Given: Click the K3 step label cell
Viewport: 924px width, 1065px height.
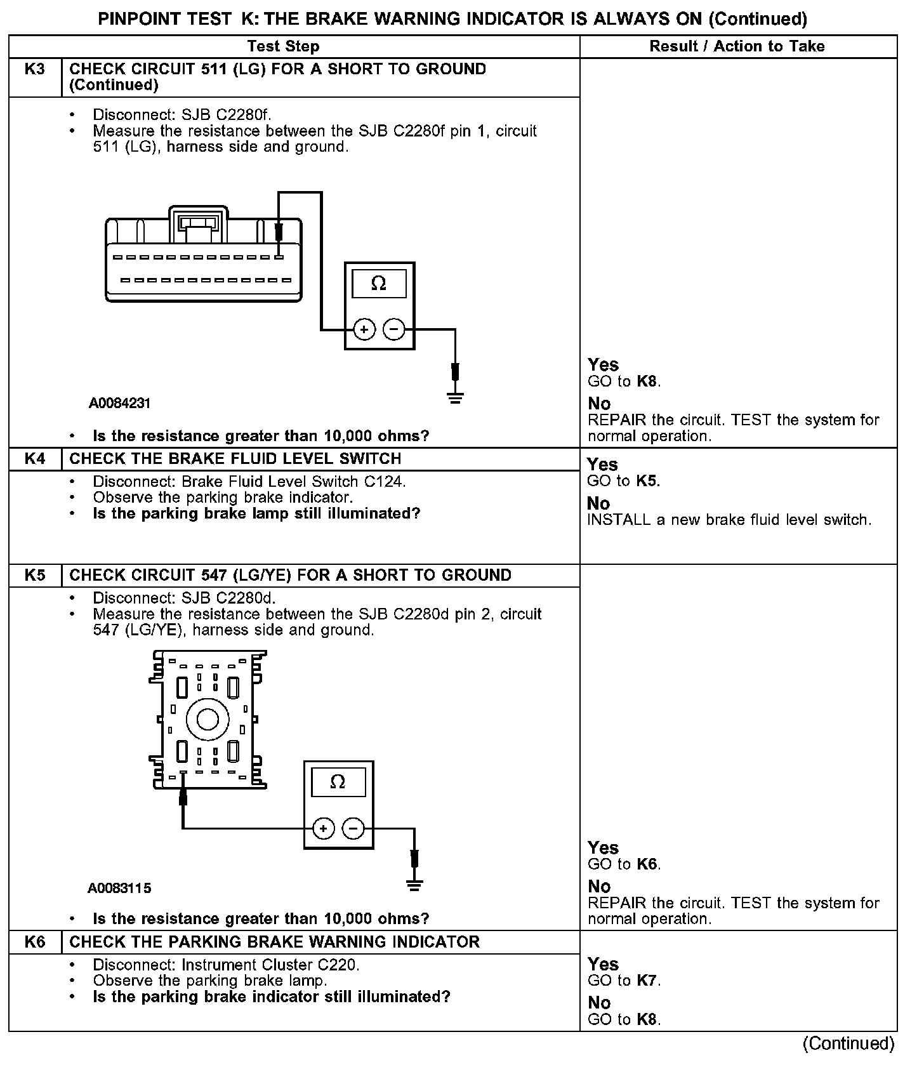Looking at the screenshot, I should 35,69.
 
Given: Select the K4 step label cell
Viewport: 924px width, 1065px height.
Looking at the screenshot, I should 35,459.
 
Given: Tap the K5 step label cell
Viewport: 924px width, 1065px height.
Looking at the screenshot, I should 35,575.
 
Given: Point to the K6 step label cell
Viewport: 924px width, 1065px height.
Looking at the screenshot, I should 35,942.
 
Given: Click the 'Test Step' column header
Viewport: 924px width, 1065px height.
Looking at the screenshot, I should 283,46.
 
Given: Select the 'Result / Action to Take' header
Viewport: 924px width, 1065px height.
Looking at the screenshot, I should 737,46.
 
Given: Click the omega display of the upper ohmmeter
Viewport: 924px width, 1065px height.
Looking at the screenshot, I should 379,283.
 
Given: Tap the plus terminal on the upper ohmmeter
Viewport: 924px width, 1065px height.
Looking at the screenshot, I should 364,329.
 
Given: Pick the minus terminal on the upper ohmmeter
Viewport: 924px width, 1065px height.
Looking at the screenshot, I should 394,329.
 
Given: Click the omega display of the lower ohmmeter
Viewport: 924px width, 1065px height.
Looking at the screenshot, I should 338,782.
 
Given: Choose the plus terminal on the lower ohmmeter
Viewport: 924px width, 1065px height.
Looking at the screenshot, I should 324,828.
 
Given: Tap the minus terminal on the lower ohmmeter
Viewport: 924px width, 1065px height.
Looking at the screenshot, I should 353,828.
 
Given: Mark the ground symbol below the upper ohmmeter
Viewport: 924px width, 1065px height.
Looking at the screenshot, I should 455,398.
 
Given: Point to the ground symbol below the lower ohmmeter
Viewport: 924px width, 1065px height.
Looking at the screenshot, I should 414,884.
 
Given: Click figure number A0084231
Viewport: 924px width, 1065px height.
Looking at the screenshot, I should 119,404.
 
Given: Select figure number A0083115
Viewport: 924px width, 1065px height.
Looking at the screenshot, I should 119,888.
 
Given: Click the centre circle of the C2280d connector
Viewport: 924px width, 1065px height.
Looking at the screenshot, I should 208,720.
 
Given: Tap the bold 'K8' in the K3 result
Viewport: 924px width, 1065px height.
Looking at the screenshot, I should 647,381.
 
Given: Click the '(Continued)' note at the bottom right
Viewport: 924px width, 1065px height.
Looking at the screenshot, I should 848,1043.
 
